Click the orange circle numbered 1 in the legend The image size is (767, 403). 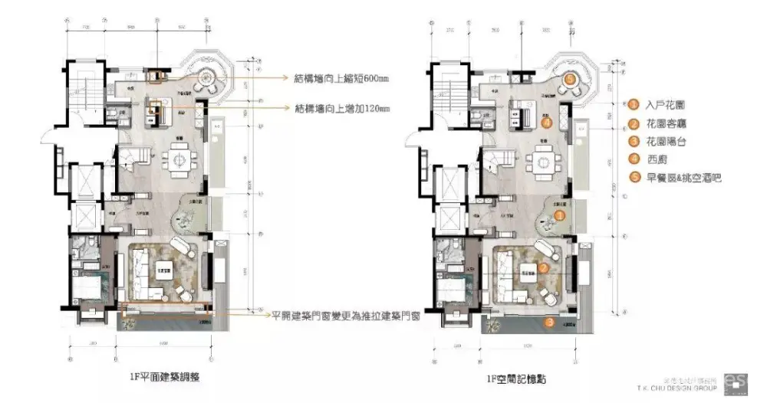point(634,105)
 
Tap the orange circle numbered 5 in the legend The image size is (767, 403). point(634,178)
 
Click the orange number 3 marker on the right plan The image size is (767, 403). point(549,323)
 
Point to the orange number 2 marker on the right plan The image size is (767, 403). point(542,268)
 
